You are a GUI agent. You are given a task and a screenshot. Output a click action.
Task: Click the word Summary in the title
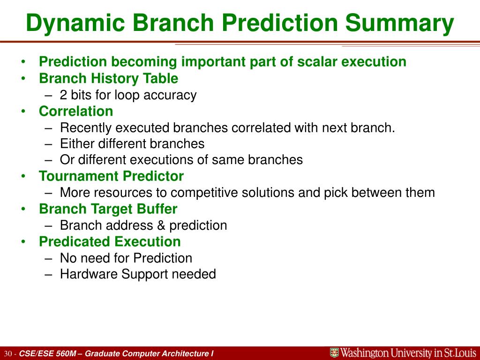(399, 23)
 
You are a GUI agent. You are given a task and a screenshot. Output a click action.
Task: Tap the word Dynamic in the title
(75, 23)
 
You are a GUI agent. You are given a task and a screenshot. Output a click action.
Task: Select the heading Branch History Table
(108, 78)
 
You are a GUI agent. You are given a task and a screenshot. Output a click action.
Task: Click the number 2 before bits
(63, 95)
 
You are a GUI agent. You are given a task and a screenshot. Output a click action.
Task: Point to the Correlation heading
(76, 111)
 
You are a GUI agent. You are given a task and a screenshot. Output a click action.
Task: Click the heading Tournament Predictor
(112, 176)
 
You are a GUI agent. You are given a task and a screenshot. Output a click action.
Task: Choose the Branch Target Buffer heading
(108, 209)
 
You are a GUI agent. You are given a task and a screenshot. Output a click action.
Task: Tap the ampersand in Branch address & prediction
(161, 225)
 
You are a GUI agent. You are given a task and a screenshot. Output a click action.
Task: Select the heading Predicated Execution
(110, 241)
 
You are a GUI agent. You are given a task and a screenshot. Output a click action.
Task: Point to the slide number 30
(8, 354)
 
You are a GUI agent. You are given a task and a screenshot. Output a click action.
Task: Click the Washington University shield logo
(334, 353)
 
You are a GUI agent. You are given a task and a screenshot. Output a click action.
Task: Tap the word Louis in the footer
(465, 353)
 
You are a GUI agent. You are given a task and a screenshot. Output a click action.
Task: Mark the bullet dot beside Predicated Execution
(23, 241)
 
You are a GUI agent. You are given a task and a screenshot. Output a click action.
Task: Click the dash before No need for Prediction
(48, 258)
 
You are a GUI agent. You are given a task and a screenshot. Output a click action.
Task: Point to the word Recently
(86, 127)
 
